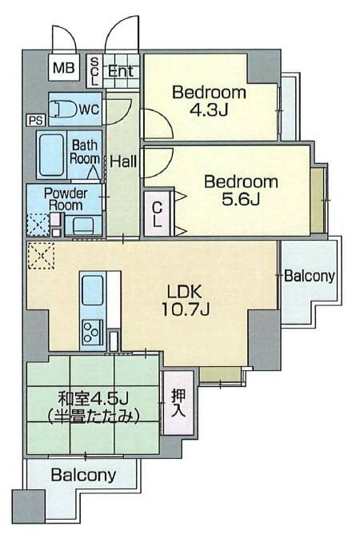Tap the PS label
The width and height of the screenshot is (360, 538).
pos(34,120)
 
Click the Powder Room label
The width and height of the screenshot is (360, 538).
pos(66,198)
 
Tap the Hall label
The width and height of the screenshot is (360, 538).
pos(123,161)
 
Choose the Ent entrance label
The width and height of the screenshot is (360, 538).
pos(121,70)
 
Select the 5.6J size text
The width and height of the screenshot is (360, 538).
pos(241,199)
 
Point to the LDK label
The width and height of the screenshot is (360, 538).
pos(183,291)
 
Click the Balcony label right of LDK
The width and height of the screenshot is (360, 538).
pos(310,277)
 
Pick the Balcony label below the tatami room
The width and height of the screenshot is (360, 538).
pos(83,475)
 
